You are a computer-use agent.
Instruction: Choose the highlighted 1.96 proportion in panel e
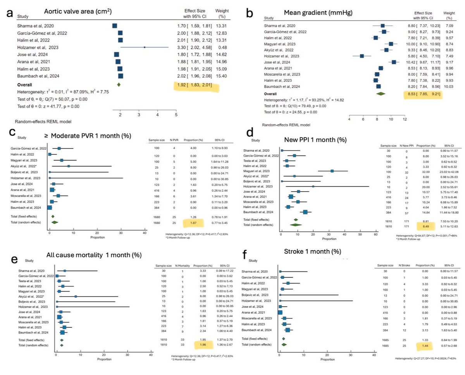point(192,343)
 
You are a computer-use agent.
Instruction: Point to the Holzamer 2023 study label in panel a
point(37,47)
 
